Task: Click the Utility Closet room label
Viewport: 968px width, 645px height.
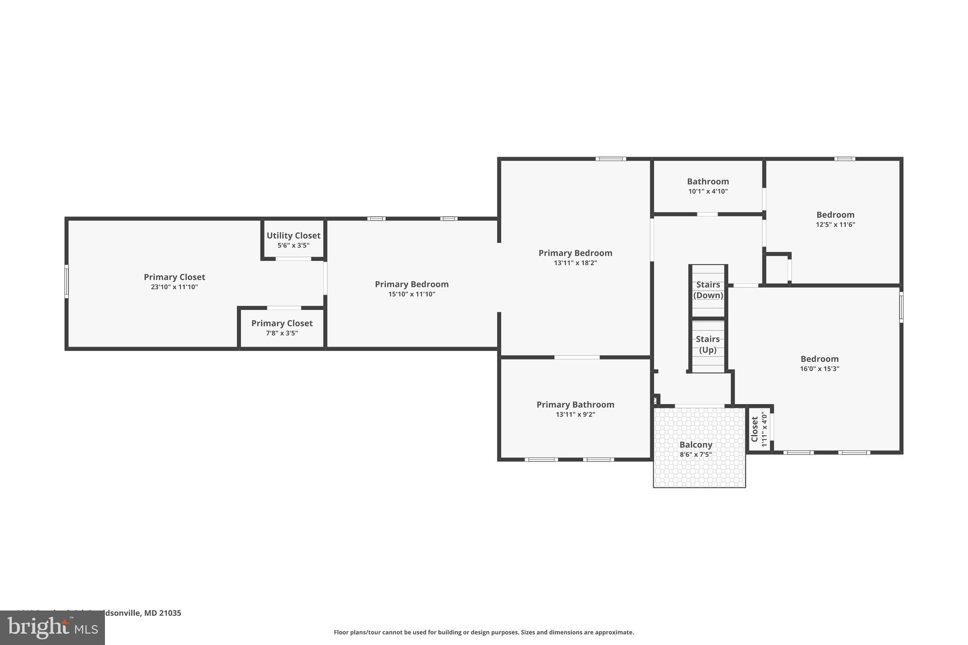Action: coord(293,235)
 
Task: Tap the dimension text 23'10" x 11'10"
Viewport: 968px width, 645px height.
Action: coord(174,287)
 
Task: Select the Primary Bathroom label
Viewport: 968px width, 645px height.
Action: coord(575,404)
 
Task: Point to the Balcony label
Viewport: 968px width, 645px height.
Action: coord(696,445)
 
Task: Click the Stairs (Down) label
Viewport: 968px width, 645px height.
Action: coord(708,290)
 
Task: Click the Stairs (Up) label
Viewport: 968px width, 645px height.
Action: coord(708,344)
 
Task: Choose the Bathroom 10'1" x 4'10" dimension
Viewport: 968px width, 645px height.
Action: coord(708,191)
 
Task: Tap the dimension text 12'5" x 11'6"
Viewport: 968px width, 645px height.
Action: coord(835,225)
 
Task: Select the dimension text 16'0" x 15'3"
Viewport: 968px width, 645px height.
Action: coord(819,369)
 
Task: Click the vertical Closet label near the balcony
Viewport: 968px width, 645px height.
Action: coord(754,429)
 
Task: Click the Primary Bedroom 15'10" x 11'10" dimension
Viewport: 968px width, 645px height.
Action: coord(412,294)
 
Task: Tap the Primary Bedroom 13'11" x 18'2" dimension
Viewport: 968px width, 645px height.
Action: coord(575,263)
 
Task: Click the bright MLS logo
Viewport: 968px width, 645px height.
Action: coord(52,628)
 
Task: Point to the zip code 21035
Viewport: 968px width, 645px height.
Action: coord(170,613)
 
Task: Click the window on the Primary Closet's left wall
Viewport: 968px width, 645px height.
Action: coord(67,282)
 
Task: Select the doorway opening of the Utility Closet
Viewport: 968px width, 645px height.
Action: coord(293,259)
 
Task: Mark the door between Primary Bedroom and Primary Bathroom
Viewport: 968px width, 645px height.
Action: coord(577,357)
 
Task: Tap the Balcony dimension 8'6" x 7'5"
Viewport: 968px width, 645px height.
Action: coord(696,455)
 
